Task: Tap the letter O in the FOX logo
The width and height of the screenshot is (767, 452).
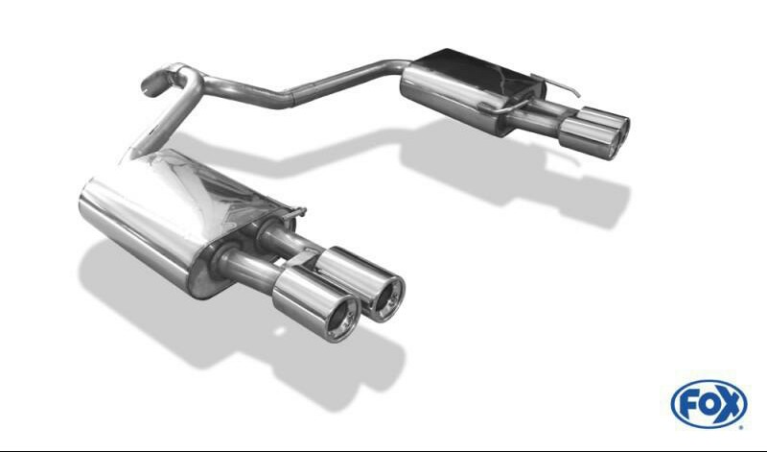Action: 709,405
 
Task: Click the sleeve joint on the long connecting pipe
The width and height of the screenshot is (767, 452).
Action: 292,97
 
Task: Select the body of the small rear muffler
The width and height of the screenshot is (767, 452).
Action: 470,90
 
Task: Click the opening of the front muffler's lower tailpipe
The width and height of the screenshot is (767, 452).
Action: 342,321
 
